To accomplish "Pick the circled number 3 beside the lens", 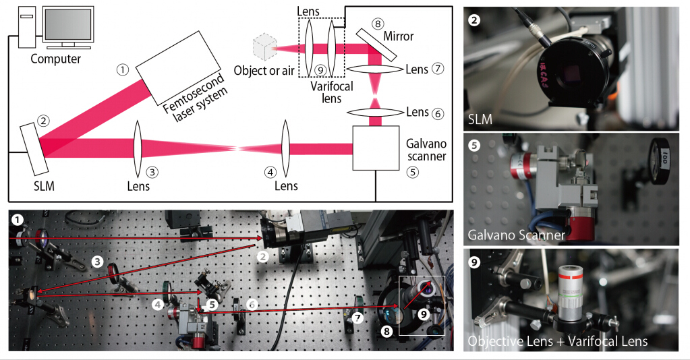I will click(x=154, y=171).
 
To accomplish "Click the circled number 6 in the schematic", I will click(x=438, y=113).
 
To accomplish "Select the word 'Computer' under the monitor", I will click(x=56, y=59).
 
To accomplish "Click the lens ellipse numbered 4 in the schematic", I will click(x=285, y=147).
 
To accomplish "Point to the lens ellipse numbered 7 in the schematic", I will click(x=376, y=69).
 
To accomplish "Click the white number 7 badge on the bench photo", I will click(x=358, y=316).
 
